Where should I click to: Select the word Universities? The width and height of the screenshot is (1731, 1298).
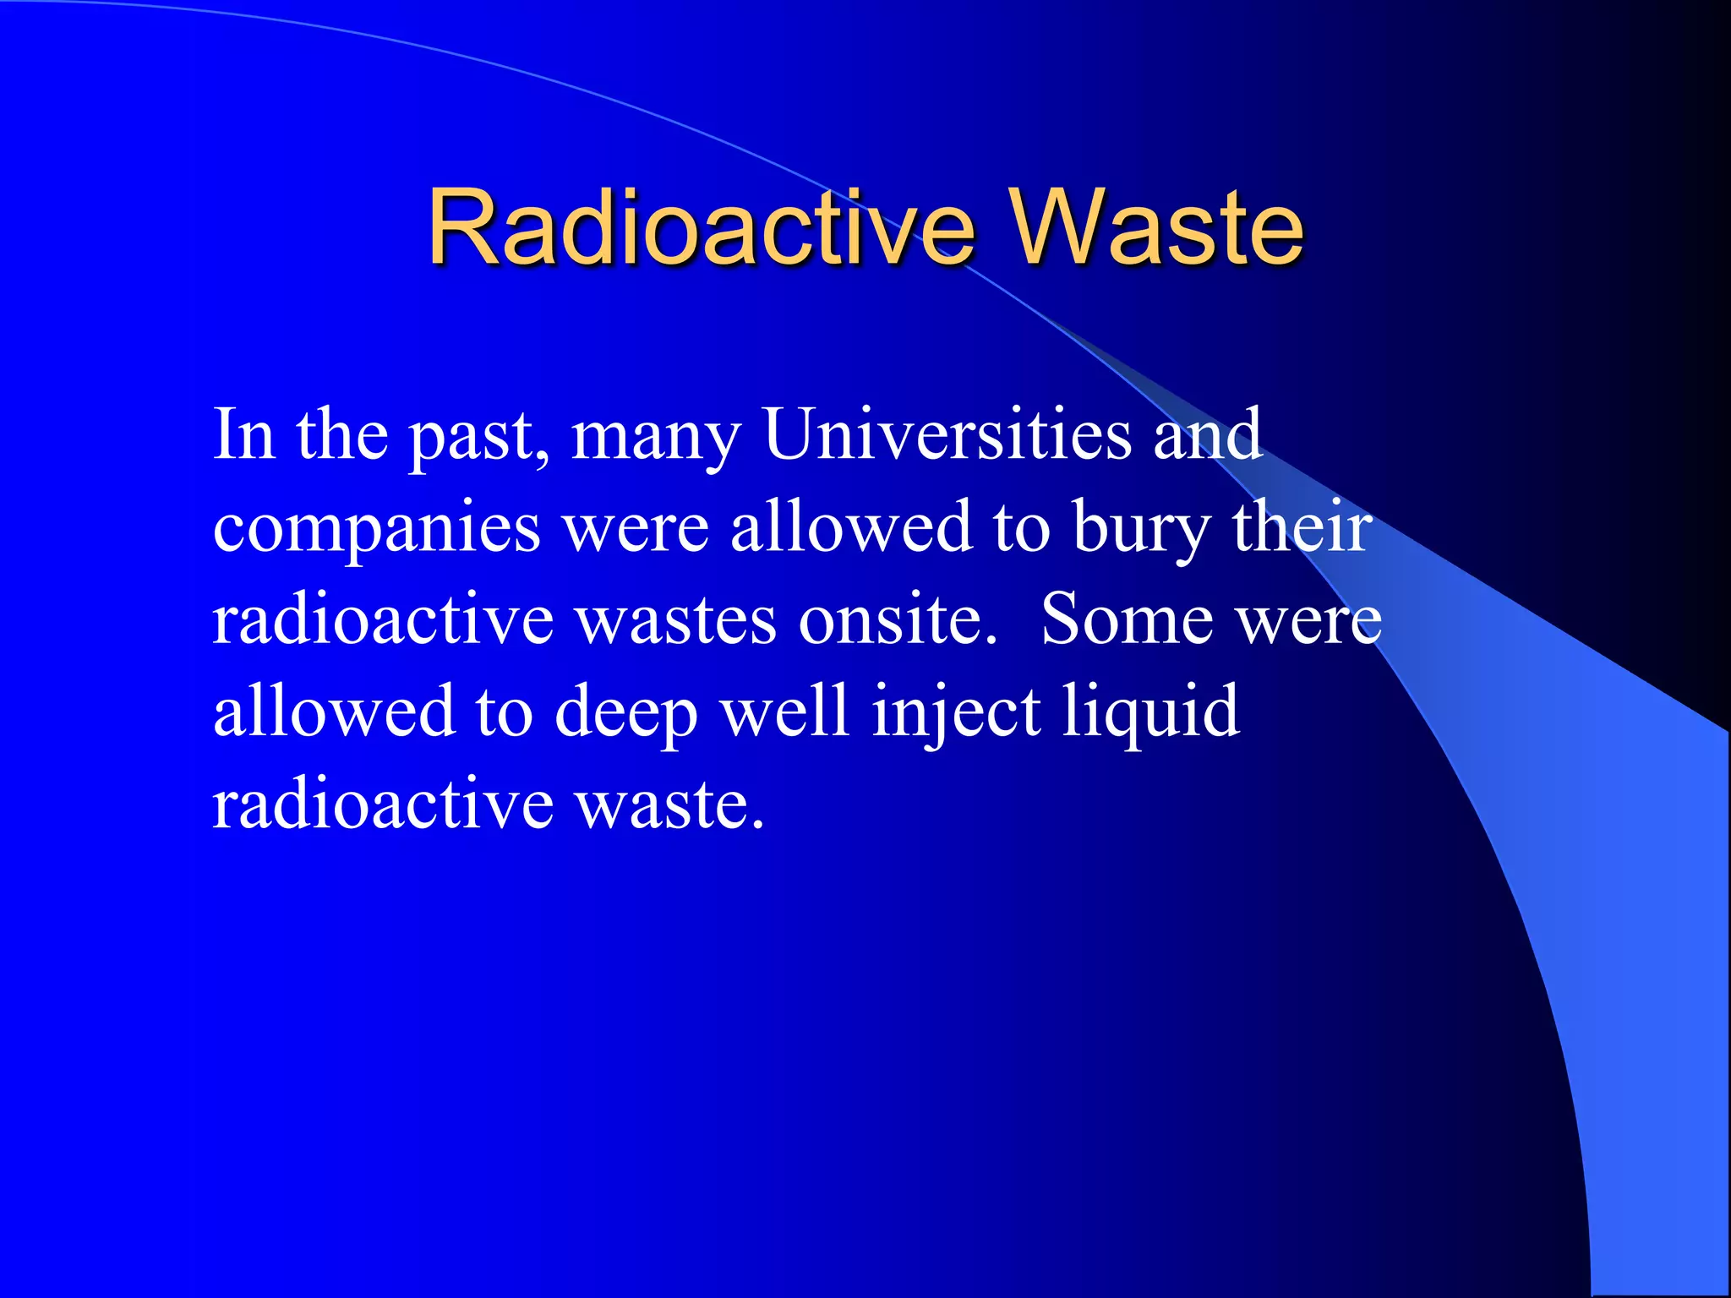[x=947, y=434]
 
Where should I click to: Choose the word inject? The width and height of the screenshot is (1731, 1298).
[x=956, y=712]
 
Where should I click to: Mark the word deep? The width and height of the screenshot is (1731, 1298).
[x=625, y=712]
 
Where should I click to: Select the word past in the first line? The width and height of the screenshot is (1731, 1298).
[x=478, y=436]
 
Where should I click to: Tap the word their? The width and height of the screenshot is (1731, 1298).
[x=1302, y=526]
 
